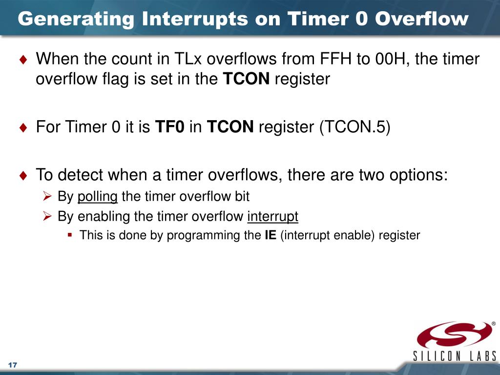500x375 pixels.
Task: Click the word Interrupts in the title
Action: (x=195, y=19)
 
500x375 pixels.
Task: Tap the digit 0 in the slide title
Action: (x=362, y=19)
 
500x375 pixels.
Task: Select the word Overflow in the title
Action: (x=421, y=19)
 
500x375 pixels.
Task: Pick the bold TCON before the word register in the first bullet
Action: (x=246, y=79)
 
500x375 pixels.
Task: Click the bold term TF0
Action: (x=169, y=126)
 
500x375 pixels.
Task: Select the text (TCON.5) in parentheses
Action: (x=354, y=127)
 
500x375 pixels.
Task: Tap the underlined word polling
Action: (x=98, y=196)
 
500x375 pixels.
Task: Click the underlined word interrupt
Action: (x=272, y=216)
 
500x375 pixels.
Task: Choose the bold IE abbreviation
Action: (x=271, y=235)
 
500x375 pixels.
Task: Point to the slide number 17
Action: (x=12, y=365)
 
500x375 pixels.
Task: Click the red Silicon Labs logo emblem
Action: (x=454, y=334)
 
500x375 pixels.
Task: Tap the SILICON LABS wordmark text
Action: (x=455, y=356)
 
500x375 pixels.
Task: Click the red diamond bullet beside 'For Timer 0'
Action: (x=23, y=127)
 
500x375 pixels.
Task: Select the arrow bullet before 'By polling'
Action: (x=47, y=196)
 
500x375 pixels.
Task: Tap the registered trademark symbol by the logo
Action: (x=494, y=323)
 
